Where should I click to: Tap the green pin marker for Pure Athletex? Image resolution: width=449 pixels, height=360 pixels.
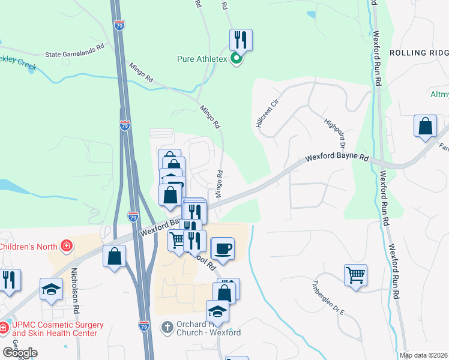pos(237,59)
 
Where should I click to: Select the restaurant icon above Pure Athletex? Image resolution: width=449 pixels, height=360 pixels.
pos(241,40)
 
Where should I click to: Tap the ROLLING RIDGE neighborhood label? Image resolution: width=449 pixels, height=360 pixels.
pos(419,53)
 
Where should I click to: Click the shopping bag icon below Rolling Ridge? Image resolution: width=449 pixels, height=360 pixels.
pos(425,127)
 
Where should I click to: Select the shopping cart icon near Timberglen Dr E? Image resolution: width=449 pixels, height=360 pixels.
pos(356,275)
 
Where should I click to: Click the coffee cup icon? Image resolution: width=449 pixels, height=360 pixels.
pos(223,248)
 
